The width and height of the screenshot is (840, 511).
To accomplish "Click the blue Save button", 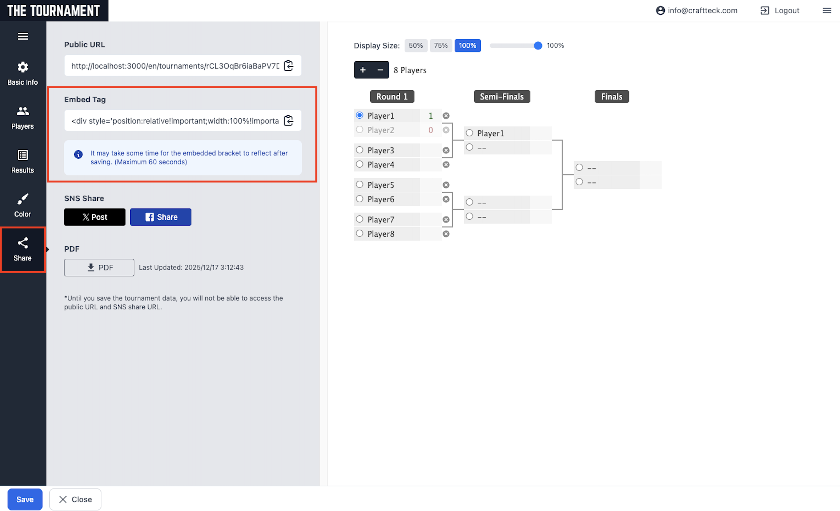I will (x=25, y=499).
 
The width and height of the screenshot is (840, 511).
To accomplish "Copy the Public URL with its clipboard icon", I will (x=288, y=66).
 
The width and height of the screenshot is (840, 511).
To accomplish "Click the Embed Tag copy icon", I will (x=288, y=120).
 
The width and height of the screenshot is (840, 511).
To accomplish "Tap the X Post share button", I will (x=95, y=217).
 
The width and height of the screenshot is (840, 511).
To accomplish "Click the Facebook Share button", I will (x=161, y=217).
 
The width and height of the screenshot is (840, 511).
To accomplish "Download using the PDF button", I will (x=99, y=268).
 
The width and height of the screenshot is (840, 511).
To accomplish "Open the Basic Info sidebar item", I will (x=22, y=73).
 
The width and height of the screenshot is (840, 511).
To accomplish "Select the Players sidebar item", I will (x=22, y=117).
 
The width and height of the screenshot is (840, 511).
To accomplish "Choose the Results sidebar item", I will (x=22, y=161).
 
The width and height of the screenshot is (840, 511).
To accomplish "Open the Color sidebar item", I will (x=22, y=205).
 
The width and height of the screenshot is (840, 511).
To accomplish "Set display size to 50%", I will (x=415, y=46).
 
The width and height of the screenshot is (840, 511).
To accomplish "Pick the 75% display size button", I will (x=441, y=46).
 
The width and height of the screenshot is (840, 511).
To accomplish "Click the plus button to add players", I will (x=363, y=70).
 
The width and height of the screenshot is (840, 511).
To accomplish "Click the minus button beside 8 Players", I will (x=380, y=70).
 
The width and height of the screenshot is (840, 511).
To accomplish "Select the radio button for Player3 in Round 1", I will (x=359, y=150).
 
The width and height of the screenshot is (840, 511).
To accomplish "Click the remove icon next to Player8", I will (x=446, y=234).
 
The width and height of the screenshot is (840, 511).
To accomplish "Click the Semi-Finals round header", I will (x=501, y=96).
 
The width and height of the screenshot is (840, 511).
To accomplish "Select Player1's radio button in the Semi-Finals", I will (x=470, y=133).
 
